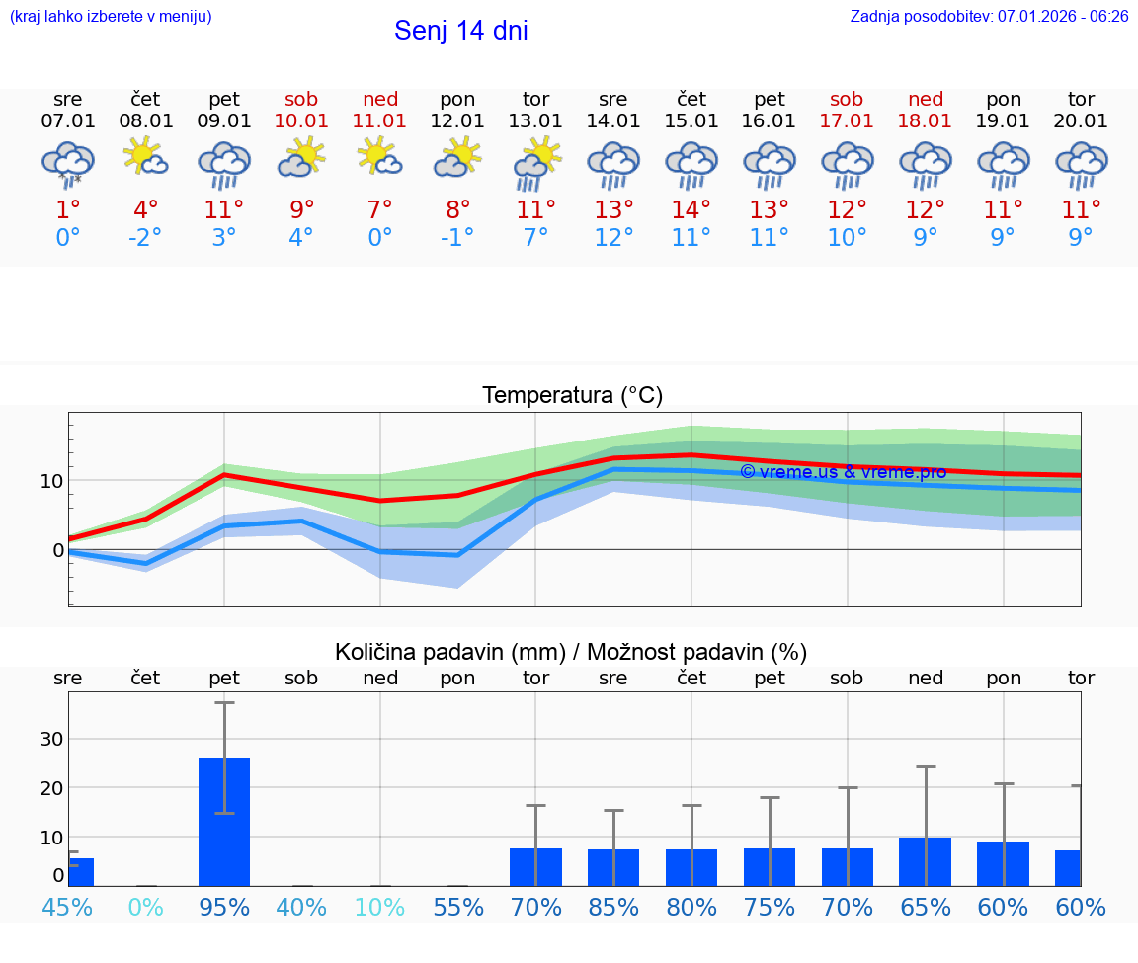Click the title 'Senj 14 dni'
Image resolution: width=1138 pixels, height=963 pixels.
460,31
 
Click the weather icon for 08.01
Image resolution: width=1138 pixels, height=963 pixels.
145,159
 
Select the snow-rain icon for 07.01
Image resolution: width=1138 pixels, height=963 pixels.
67,163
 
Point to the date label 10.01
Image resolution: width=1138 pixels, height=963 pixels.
301,120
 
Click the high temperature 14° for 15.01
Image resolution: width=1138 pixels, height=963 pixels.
691,209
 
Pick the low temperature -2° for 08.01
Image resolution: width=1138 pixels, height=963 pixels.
145,237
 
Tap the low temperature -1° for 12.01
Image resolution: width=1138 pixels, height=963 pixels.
457,237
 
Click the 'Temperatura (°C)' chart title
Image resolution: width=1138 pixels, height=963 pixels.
572,396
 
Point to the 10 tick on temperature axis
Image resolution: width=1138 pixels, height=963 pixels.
51,481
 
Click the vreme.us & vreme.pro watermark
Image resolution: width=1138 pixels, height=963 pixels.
843,472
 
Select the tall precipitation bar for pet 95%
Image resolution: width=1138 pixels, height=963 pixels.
224,821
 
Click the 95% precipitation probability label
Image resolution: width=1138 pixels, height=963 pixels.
224,907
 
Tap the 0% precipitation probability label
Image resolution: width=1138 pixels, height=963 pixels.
145,907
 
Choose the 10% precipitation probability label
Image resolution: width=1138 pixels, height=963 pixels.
380,907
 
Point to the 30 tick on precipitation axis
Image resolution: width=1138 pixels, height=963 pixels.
51,739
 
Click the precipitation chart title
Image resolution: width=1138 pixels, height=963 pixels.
571,652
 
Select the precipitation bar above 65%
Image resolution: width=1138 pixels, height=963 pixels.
925,861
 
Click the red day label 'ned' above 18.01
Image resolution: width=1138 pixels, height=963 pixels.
926,99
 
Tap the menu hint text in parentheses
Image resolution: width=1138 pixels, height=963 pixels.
111,16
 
